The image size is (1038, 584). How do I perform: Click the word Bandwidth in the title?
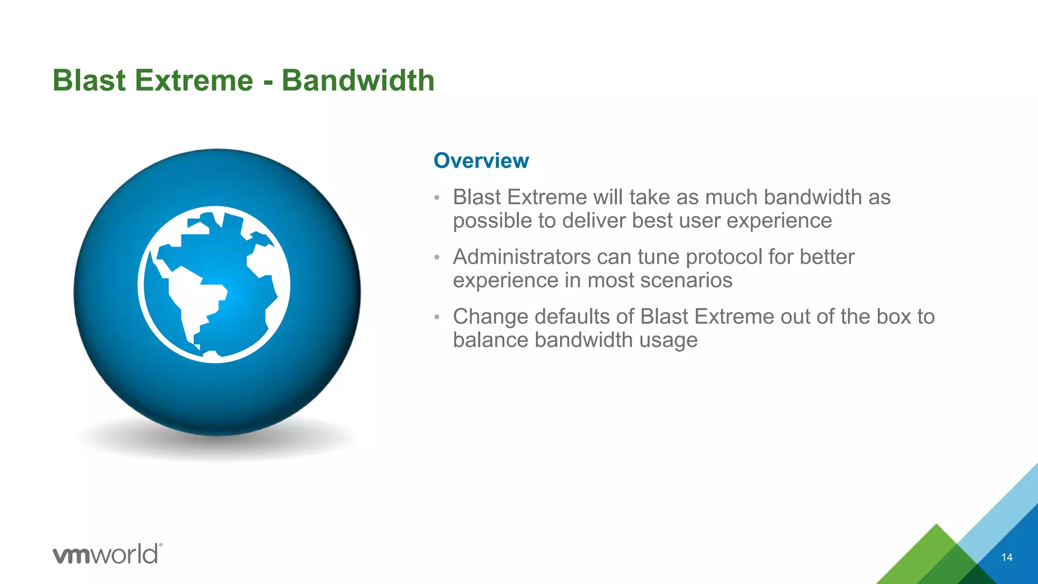[358, 81]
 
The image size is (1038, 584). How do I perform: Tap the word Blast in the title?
[89, 81]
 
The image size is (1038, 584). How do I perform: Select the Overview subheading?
[481, 161]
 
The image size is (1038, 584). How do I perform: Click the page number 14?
[1007, 557]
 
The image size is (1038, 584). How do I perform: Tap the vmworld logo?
[107, 554]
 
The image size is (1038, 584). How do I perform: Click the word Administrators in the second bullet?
[522, 257]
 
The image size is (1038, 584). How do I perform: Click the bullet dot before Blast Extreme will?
[437, 198]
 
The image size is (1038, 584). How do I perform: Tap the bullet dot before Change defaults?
[437, 317]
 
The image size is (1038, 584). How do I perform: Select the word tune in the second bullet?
[658, 257]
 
